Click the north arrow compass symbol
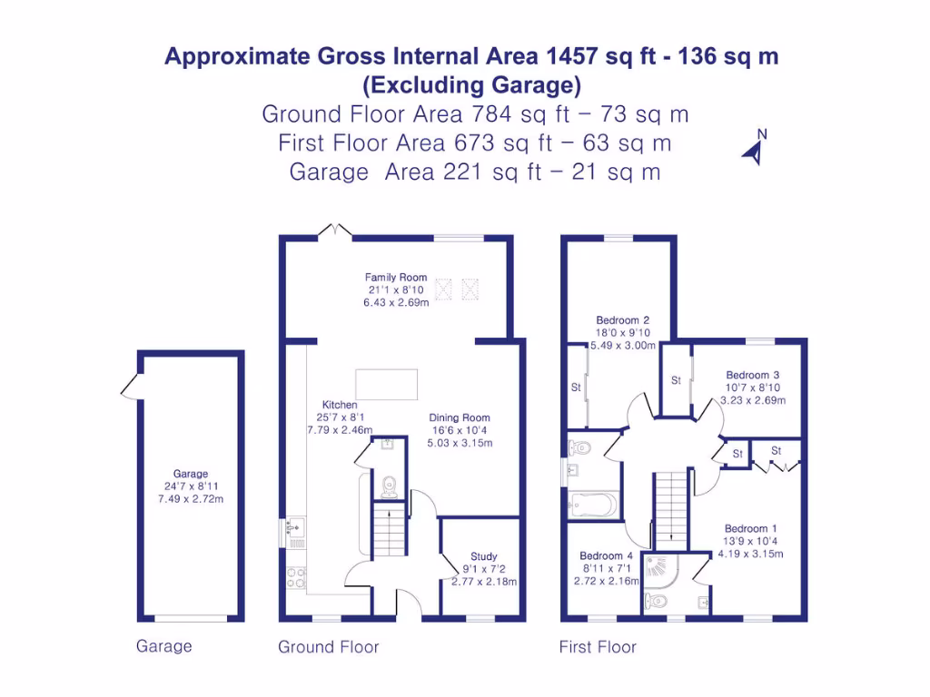[x=755, y=149]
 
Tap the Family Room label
[x=396, y=278]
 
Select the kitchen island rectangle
[x=387, y=384]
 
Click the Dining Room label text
[x=460, y=418]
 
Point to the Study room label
[x=484, y=556]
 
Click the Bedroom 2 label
[x=622, y=320]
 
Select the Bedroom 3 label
[x=752, y=375]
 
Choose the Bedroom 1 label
[x=750, y=528]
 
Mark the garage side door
[x=128, y=388]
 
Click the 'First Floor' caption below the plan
[x=598, y=647]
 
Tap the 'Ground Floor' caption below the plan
[x=328, y=647]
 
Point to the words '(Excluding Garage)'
[x=471, y=85]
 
